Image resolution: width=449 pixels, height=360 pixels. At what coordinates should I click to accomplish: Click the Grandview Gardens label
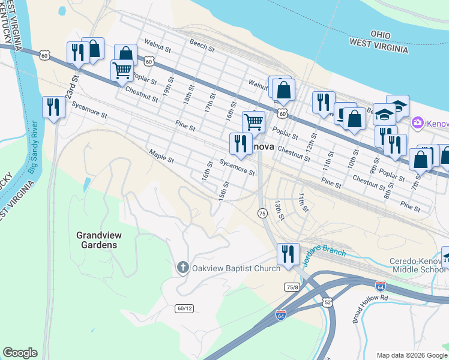click(x=97, y=240)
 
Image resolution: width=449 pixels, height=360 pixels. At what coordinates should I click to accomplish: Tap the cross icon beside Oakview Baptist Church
click(x=182, y=268)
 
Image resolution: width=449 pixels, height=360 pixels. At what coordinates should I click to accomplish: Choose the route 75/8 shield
click(x=292, y=287)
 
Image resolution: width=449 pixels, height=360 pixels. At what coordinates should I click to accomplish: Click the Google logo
click(x=20, y=353)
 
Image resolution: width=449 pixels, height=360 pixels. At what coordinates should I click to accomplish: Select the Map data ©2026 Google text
click(x=411, y=355)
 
